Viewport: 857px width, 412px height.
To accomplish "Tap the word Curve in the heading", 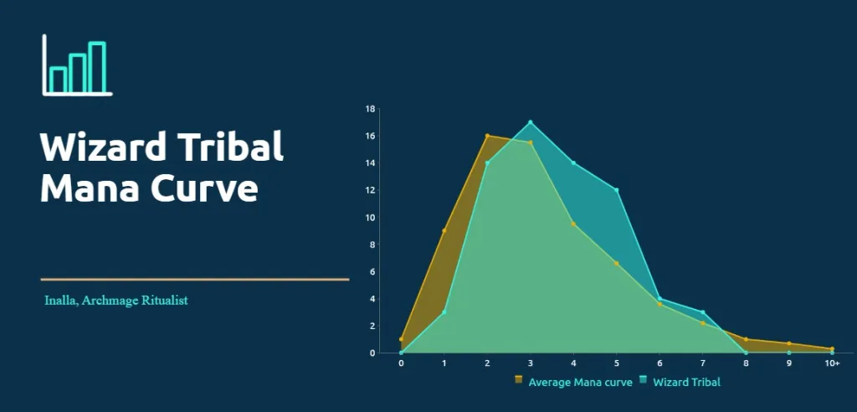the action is (x=204, y=188).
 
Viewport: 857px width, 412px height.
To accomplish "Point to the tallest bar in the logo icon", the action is (x=97, y=67).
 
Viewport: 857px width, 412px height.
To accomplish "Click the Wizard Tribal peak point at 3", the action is (x=530, y=122).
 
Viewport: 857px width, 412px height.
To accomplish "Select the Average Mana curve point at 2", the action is (x=487, y=136).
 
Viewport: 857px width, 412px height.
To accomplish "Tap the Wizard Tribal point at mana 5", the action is (x=617, y=190).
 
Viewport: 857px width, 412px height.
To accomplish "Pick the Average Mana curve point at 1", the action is (x=444, y=230).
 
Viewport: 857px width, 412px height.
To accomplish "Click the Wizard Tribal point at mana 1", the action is (x=444, y=312).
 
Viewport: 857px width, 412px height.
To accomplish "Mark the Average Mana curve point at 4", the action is (x=573, y=224).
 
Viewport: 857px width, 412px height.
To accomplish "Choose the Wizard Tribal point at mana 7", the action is (x=703, y=312).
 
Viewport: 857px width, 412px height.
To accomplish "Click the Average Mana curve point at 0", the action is (x=401, y=339).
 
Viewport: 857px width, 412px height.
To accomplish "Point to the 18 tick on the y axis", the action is (x=371, y=109).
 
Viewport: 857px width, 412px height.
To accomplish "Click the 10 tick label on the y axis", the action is (x=371, y=217).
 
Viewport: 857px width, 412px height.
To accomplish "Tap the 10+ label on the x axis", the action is (x=832, y=363).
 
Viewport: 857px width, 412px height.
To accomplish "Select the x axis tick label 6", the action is (x=659, y=363).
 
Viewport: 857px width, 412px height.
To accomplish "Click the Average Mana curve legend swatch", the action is (x=519, y=379).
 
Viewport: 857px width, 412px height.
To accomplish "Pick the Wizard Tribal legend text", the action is (x=686, y=382).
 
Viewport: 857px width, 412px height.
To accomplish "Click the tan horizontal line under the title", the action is (x=194, y=279).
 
